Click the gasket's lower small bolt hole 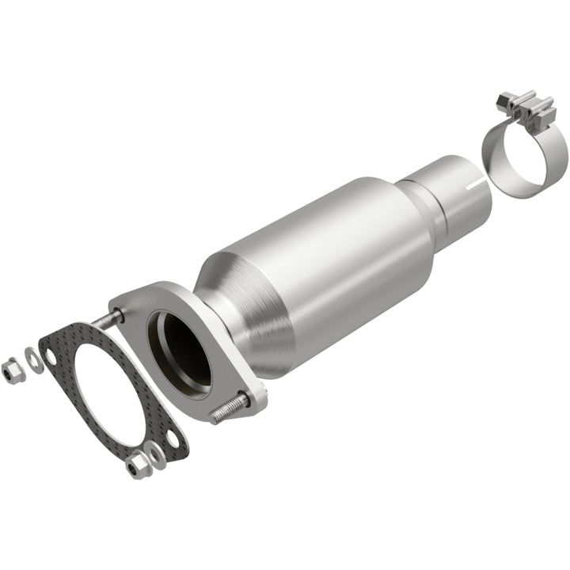click(x=170, y=438)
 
